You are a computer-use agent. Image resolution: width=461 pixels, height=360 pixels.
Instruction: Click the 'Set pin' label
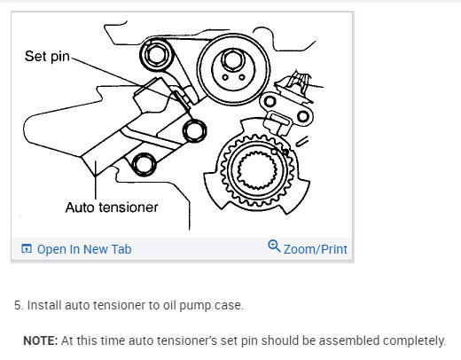(47, 57)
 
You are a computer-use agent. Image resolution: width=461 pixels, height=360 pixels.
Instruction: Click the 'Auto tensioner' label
(112, 207)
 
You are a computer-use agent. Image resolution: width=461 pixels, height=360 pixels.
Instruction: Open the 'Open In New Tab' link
(84, 249)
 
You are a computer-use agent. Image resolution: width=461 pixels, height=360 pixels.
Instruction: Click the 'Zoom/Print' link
(316, 249)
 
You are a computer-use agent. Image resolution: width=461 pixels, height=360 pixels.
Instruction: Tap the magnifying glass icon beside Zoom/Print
(274, 246)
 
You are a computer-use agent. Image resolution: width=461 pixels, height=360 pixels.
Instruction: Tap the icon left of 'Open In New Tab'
(27, 249)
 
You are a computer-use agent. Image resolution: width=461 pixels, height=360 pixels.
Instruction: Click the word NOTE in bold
(41, 340)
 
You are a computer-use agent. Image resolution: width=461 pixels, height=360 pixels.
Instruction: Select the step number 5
(19, 305)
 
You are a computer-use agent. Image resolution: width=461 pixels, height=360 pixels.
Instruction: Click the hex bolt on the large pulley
(232, 60)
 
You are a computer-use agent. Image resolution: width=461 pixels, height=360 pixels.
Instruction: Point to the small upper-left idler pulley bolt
(155, 54)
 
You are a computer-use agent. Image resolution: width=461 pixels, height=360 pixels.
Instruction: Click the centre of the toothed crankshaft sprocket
(257, 170)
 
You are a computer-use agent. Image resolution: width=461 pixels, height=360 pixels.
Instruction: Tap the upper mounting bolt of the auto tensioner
(194, 130)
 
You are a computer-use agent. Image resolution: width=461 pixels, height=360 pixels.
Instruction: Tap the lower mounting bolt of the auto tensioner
(144, 164)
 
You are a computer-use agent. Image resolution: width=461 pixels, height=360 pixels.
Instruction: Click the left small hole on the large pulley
(225, 78)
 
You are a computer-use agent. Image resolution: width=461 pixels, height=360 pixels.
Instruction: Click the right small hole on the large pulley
(242, 77)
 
